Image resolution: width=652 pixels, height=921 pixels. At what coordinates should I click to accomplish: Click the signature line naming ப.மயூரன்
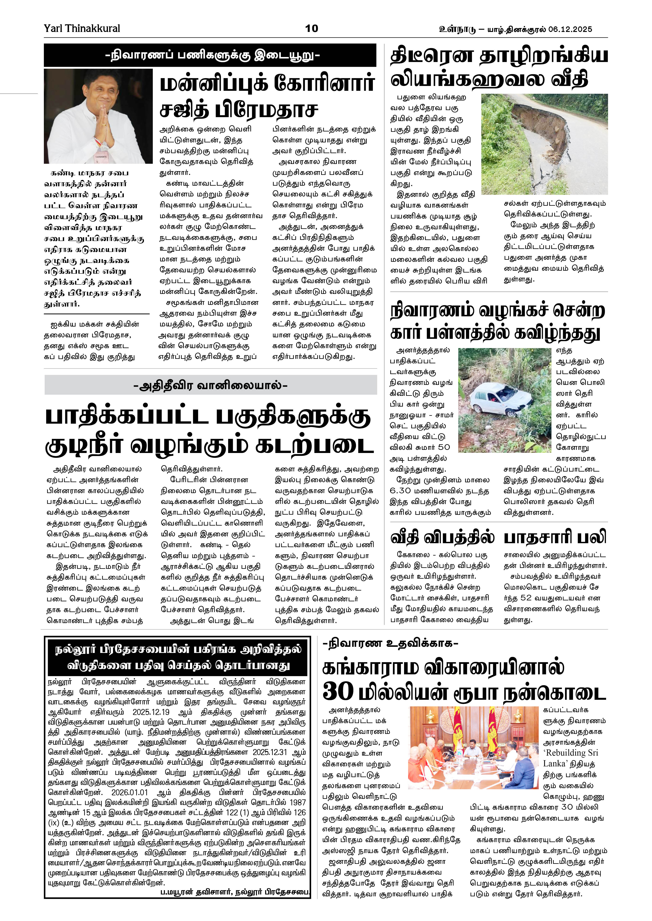(x=235, y=893)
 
